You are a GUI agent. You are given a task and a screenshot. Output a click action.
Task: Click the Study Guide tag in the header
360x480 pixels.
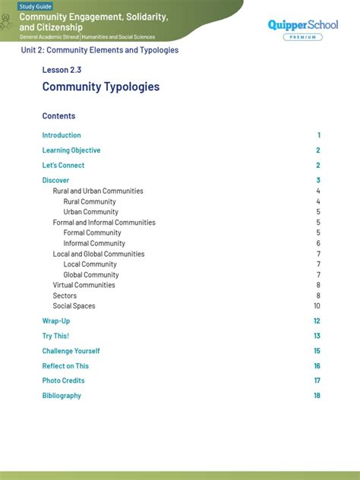(x=36, y=6)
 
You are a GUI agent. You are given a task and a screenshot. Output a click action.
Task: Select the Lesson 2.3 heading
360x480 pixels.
(x=62, y=70)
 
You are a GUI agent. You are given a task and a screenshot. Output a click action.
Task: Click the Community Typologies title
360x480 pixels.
(x=101, y=87)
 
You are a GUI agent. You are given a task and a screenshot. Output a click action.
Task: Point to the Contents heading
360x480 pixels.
(x=58, y=116)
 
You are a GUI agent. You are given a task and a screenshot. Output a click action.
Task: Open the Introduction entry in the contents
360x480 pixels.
(x=62, y=135)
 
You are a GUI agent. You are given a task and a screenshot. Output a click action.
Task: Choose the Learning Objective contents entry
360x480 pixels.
(x=71, y=150)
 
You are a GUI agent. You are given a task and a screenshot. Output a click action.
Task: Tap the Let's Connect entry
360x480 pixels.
(x=63, y=166)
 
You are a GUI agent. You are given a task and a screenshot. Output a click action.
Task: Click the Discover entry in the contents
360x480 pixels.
(x=55, y=181)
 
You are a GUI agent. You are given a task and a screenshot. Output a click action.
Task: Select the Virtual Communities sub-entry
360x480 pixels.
(x=84, y=286)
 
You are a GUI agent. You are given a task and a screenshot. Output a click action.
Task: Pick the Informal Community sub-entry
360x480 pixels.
(x=94, y=244)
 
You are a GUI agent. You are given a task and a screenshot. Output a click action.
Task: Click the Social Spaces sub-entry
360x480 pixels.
(x=74, y=306)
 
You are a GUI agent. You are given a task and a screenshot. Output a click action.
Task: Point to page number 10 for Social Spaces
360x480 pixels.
(x=317, y=306)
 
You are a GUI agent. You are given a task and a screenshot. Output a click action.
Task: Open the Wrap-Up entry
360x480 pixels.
(x=56, y=321)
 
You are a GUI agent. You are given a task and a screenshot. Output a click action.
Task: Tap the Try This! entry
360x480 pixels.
(x=55, y=336)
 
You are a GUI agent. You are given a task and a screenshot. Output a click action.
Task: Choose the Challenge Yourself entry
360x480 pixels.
(x=71, y=351)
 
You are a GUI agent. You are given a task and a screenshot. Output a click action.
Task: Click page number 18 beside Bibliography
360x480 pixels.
(x=317, y=396)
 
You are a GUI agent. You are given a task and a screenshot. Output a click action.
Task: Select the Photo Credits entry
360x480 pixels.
(x=63, y=381)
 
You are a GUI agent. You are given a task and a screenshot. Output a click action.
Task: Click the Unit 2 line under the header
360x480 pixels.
(x=99, y=50)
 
